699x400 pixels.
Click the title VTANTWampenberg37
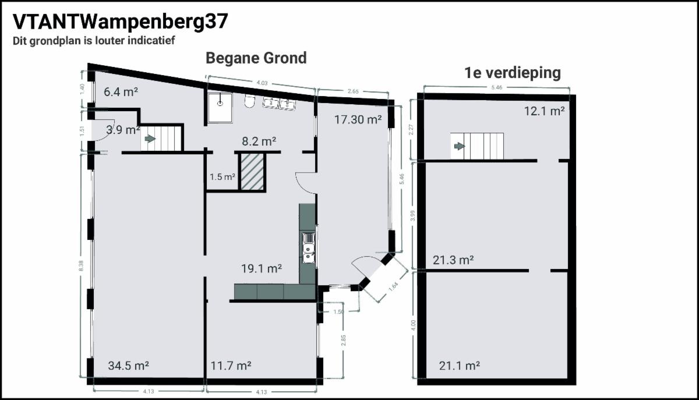tap(121, 23)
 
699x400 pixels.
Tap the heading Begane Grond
tap(256, 58)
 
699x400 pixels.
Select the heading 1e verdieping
tap(513, 73)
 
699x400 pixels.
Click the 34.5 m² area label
tap(128, 366)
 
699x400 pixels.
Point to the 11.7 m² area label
tap(231, 366)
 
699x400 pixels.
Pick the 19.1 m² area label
tap(262, 268)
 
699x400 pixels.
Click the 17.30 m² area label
tap(358, 119)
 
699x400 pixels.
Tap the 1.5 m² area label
tap(222, 177)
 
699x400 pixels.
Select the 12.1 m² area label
tap(544, 111)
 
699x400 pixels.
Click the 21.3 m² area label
tap(453, 260)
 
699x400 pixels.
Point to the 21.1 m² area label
tap(460, 366)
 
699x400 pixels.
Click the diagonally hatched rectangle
tap(252, 172)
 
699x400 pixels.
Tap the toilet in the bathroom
tap(250, 101)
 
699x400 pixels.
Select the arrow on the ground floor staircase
tap(150, 139)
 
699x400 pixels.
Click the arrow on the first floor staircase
tap(460, 146)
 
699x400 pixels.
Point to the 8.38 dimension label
tap(81, 266)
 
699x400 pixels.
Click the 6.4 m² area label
tap(121, 92)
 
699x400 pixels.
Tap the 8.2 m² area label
tap(259, 141)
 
